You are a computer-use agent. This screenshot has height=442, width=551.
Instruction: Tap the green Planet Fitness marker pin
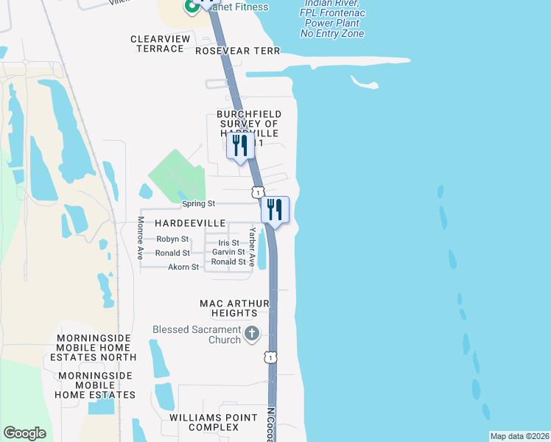coord(192,7)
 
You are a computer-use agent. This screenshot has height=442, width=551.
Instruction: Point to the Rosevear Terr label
coord(238,51)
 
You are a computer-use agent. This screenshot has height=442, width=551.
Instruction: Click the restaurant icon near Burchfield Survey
coord(239,146)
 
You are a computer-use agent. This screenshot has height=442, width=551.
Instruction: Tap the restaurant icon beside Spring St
coord(275,209)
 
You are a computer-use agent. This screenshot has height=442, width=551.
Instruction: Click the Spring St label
coord(199,203)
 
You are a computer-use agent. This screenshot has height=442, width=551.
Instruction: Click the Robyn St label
coord(172,239)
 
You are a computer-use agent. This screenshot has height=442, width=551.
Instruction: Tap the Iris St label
coord(228,242)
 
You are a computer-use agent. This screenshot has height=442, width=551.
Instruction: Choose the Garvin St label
coord(228,253)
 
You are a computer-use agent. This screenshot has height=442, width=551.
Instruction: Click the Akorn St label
coord(183,267)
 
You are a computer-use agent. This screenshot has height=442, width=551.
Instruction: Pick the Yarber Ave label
coord(252,241)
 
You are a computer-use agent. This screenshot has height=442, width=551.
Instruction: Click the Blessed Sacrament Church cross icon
coord(252,334)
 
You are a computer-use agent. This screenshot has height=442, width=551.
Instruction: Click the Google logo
coord(25,433)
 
